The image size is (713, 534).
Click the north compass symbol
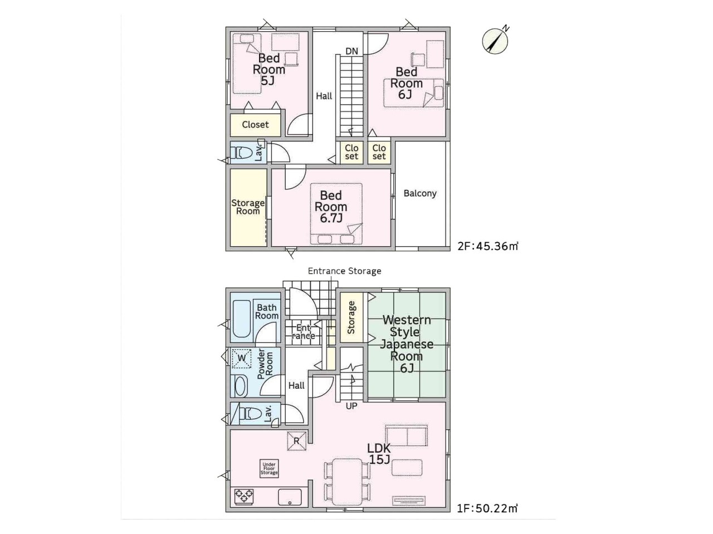pyautogui.click(x=495, y=40)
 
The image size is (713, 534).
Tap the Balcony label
pyautogui.click(x=420, y=193)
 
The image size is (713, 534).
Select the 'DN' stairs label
pyautogui.click(x=351, y=51)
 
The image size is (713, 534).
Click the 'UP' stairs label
pyautogui.click(x=351, y=405)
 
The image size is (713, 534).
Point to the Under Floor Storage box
pyautogui.click(x=269, y=468)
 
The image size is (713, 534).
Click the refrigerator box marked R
pyautogui.click(x=296, y=440)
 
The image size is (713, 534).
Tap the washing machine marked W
pyautogui.click(x=241, y=359)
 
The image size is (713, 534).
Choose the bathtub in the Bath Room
pyautogui.click(x=241, y=319)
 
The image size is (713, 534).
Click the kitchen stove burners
pyautogui.click(x=243, y=496)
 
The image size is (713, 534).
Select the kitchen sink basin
pyautogui.click(x=290, y=497)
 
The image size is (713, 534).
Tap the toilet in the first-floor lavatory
pyautogui.click(x=250, y=414)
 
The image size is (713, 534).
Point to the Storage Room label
pyautogui.click(x=248, y=207)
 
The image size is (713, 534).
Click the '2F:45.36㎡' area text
pyautogui.click(x=488, y=246)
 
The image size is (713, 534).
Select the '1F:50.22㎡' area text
pyautogui.click(x=487, y=517)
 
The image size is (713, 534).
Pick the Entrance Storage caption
pyautogui.click(x=344, y=271)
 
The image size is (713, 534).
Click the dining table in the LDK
pyautogui.click(x=347, y=484)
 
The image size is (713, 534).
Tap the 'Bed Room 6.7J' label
pyautogui.click(x=331, y=207)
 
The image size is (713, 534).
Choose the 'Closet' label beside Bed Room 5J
pyautogui.click(x=255, y=124)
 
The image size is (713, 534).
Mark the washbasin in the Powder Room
pyautogui.click(x=241, y=386)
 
